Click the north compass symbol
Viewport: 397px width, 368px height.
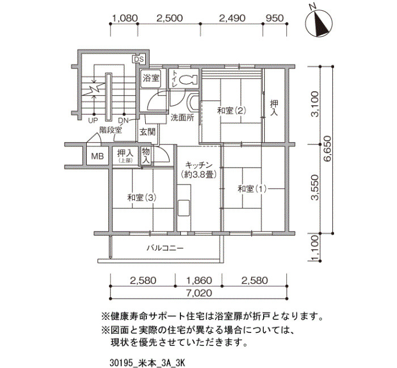click(x=319, y=23)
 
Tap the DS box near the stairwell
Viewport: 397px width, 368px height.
click(x=138, y=59)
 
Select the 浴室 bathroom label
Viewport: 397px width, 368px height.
click(x=151, y=78)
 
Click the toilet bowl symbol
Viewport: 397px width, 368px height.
click(x=188, y=80)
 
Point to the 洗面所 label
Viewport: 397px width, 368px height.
click(x=182, y=118)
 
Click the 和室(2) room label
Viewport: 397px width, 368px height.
click(x=231, y=110)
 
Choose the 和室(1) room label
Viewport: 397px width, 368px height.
click(x=252, y=189)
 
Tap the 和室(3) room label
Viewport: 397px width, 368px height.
click(x=142, y=198)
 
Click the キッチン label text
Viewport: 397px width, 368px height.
click(x=198, y=165)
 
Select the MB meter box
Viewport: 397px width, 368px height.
click(x=98, y=156)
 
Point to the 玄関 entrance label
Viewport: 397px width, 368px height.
click(x=147, y=132)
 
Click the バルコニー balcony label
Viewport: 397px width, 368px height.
click(x=165, y=248)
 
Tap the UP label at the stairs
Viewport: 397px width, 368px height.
click(x=93, y=121)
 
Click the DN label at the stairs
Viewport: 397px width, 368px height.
click(x=123, y=121)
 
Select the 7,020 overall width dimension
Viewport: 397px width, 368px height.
click(x=198, y=293)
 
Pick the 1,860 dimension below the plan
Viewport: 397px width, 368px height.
click(x=198, y=280)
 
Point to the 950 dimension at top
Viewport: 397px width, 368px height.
click(x=274, y=18)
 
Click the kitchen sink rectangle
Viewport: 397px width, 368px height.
click(x=184, y=208)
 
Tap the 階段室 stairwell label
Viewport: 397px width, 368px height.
click(x=111, y=130)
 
